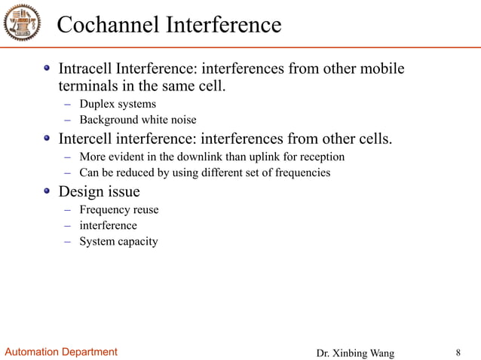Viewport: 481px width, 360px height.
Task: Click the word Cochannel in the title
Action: coord(107,25)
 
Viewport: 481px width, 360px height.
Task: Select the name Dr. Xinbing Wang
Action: coord(354,352)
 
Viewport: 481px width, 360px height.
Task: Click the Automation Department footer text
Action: coord(62,352)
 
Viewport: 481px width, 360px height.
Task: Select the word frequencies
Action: coord(304,172)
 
